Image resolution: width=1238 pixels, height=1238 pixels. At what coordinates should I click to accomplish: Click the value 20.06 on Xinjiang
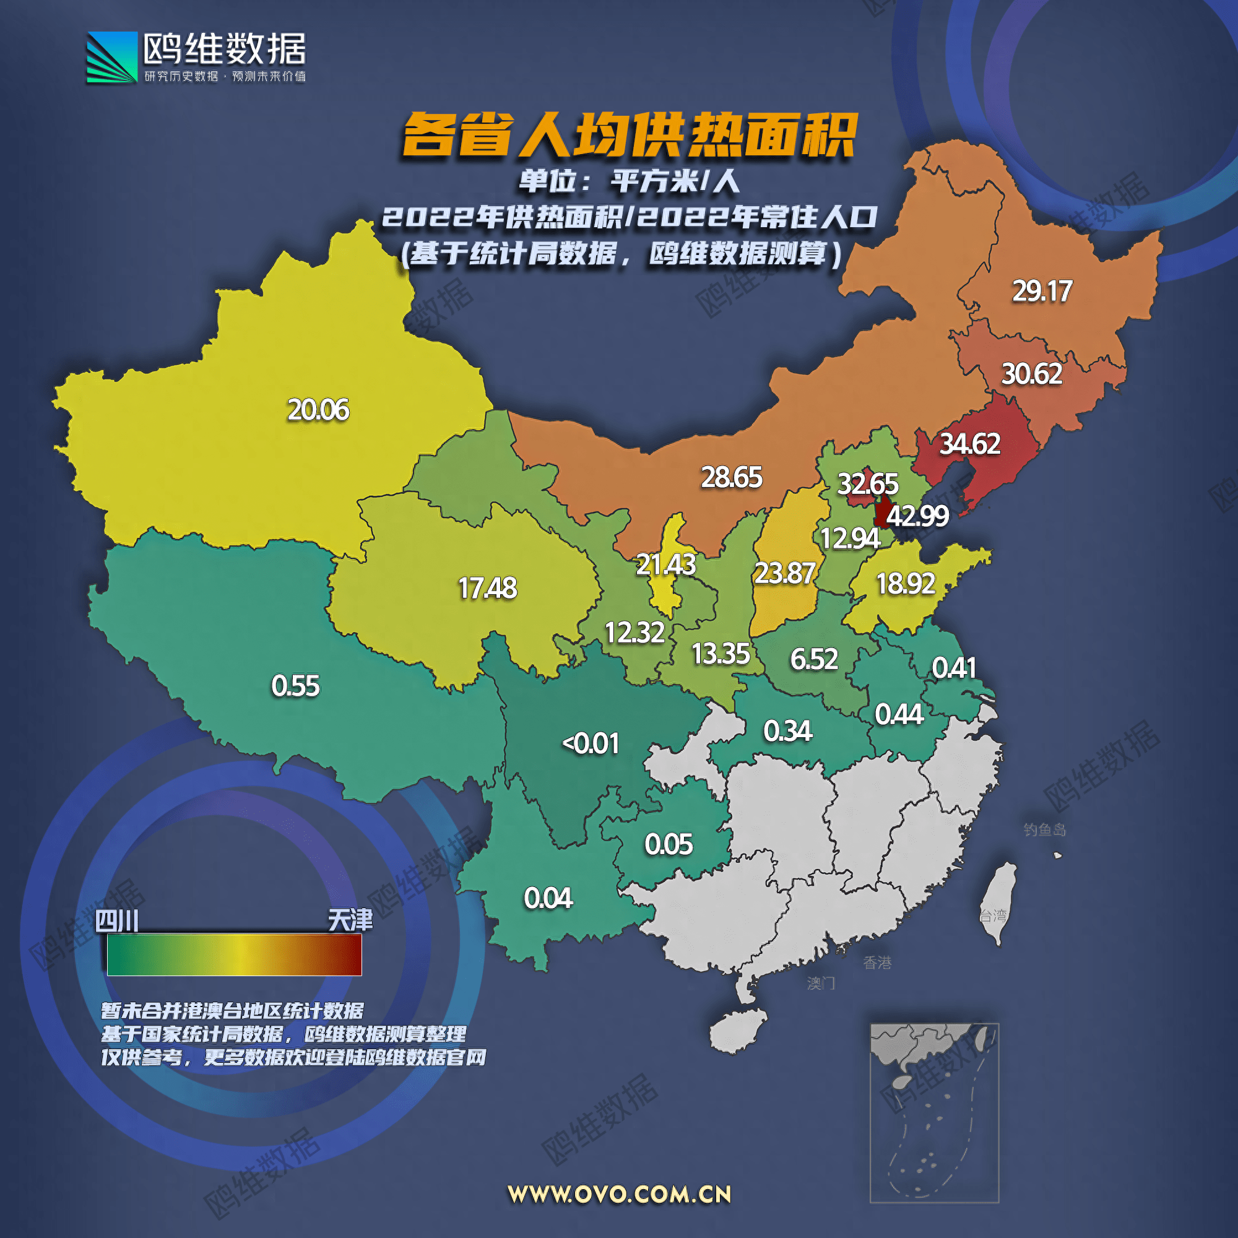tap(318, 410)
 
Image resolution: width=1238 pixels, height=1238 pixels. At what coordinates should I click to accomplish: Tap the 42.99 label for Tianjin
tap(917, 516)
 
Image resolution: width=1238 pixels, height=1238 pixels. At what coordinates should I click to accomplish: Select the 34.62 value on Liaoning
tap(969, 444)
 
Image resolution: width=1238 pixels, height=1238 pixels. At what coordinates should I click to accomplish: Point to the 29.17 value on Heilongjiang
tap(1042, 292)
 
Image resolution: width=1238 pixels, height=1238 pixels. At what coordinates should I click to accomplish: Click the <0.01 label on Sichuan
tap(590, 744)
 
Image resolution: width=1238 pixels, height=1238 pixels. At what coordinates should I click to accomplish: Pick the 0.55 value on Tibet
tap(295, 686)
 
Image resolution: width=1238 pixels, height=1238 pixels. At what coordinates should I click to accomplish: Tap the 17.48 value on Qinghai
tap(487, 588)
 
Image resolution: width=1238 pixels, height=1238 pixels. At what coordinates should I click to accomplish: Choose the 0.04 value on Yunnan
tap(548, 898)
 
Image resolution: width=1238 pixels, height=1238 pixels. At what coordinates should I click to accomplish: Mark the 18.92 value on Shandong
tap(906, 584)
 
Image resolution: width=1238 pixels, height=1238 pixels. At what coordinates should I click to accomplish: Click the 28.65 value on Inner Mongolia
tap(731, 477)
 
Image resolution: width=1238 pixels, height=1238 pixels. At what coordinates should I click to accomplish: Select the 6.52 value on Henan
tap(814, 659)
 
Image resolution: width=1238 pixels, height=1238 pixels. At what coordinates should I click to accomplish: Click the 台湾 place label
tap(993, 916)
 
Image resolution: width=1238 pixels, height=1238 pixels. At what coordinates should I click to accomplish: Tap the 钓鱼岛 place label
tap(1044, 831)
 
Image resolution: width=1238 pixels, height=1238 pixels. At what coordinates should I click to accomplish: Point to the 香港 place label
tap(877, 963)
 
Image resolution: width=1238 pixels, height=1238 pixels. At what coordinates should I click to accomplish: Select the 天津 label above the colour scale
tap(350, 921)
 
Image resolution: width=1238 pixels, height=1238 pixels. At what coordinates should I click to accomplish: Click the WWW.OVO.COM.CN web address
tap(619, 1195)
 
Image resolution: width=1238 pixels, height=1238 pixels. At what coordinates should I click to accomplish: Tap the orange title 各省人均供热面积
tap(630, 134)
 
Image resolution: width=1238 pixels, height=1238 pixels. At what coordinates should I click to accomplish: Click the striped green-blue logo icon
tap(112, 58)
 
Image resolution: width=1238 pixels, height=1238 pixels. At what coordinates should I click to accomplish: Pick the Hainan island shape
tap(738, 1031)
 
